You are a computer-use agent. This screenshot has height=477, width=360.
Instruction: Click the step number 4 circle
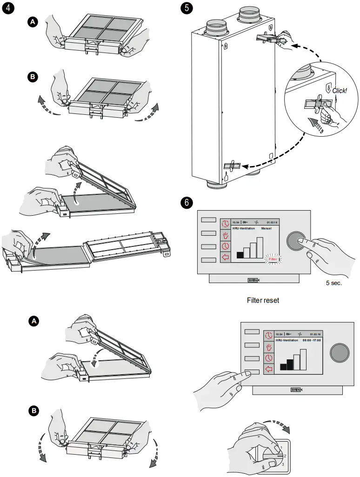tap(8, 8)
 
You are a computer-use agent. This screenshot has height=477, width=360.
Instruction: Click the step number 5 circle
tap(187, 8)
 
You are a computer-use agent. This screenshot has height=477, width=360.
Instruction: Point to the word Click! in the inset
tap(339, 91)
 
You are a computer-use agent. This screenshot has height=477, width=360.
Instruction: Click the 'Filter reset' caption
tap(263, 300)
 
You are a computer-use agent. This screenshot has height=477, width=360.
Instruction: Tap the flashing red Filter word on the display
tap(273, 259)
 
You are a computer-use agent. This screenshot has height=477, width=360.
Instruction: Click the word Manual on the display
tap(266, 229)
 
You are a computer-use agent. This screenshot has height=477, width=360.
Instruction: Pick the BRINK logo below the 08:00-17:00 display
tap(296, 390)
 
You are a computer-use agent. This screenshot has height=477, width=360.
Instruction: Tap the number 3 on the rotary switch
tap(282, 464)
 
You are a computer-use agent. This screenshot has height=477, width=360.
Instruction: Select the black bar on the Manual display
tap(240, 255)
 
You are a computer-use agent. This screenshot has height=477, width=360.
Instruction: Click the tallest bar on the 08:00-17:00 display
tap(304, 359)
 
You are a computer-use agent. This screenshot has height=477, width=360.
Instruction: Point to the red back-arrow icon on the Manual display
tap(225, 258)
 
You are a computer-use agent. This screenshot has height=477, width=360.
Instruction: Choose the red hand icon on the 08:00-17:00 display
tap(268, 347)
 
